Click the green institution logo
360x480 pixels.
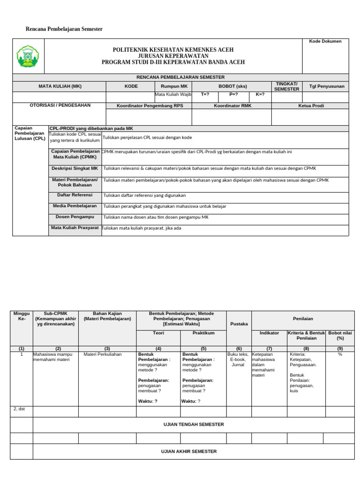(x=29, y=56)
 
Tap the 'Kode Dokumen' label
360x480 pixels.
(x=325, y=41)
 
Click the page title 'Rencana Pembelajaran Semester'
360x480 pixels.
(x=64, y=29)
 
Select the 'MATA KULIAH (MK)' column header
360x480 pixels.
(x=60, y=86)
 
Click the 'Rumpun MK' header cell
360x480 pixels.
(x=174, y=86)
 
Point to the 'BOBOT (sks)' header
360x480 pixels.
(x=232, y=86)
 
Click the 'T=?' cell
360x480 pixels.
(x=205, y=94)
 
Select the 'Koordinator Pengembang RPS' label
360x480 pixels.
(x=150, y=106)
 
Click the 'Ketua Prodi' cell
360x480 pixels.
(x=311, y=106)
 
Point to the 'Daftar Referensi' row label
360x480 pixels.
(x=75, y=195)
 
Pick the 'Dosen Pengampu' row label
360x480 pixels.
(x=75, y=217)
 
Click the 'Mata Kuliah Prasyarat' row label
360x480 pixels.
(x=75, y=228)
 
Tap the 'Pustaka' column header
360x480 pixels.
(x=239, y=323)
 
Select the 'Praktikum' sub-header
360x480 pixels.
(x=203, y=333)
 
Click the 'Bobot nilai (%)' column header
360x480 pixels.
(x=340, y=335)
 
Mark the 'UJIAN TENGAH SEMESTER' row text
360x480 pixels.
(x=194, y=425)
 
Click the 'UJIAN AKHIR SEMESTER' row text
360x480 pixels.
(x=194, y=451)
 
